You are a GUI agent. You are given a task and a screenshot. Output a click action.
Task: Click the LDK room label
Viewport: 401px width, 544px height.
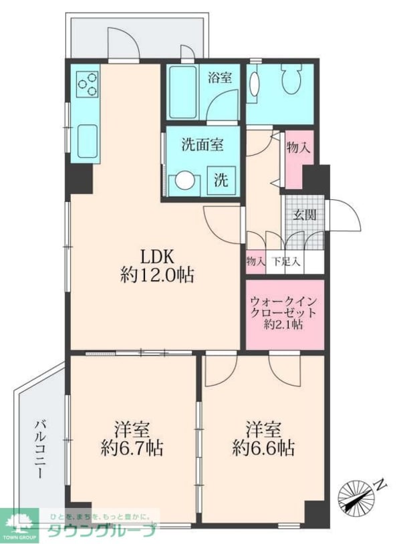pyautogui.click(x=156, y=257)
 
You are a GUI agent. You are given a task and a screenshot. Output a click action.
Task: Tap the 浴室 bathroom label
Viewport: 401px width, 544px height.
pyautogui.click(x=220, y=78)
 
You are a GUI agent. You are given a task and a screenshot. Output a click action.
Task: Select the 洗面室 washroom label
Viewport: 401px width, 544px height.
pyautogui.click(x=203, y=144)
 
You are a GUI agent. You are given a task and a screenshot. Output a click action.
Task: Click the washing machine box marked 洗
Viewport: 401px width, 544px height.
pyautogui.click(x=221, y=180)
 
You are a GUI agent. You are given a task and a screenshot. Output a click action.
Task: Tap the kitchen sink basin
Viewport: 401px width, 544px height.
pyautogui.click(x=87, y=141)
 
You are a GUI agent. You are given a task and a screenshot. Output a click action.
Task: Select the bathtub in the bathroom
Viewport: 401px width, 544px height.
pyautogui.click(x=183, y=92)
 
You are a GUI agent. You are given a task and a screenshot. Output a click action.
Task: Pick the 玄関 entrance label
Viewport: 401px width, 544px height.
pyautogui.click(x=304, y=215)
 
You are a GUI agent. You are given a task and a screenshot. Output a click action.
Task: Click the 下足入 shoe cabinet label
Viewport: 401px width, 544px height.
pyautogui.click(x=286, y=261)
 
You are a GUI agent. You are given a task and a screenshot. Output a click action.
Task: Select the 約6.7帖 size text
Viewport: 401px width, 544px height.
pyautogui.click(x=132, y=448)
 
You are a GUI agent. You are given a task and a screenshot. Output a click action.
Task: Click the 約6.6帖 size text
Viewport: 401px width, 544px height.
pyautogui.click(x=263, y=448)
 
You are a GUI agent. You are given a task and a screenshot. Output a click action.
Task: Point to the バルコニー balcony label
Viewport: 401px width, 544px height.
pyautogui.click(x=41, y=449)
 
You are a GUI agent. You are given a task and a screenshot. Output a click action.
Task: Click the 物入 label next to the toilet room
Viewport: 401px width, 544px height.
pyautogui.click(x=297, y=148)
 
